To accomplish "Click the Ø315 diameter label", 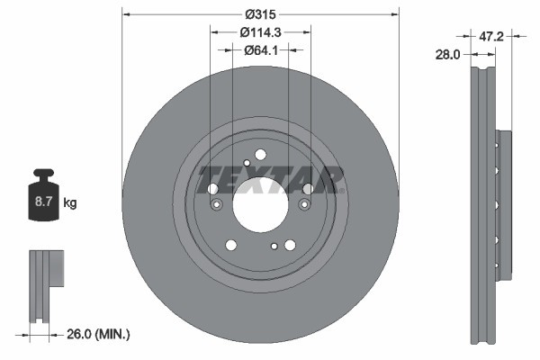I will [260, 13].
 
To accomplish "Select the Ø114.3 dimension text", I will [260, 31].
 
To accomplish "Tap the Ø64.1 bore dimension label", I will [260, 50].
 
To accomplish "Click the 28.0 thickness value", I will [447, 54].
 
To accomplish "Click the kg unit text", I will [70, 203].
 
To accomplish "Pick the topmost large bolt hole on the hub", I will [260, 154].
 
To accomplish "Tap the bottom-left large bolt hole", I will [231, 245].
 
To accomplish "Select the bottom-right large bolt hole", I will [290, 245].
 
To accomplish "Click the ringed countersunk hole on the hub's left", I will [216, 205].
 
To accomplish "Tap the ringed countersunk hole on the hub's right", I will [304, 205].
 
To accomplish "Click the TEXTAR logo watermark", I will [270, 179].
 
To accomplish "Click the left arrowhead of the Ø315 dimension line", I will [125, 13].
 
